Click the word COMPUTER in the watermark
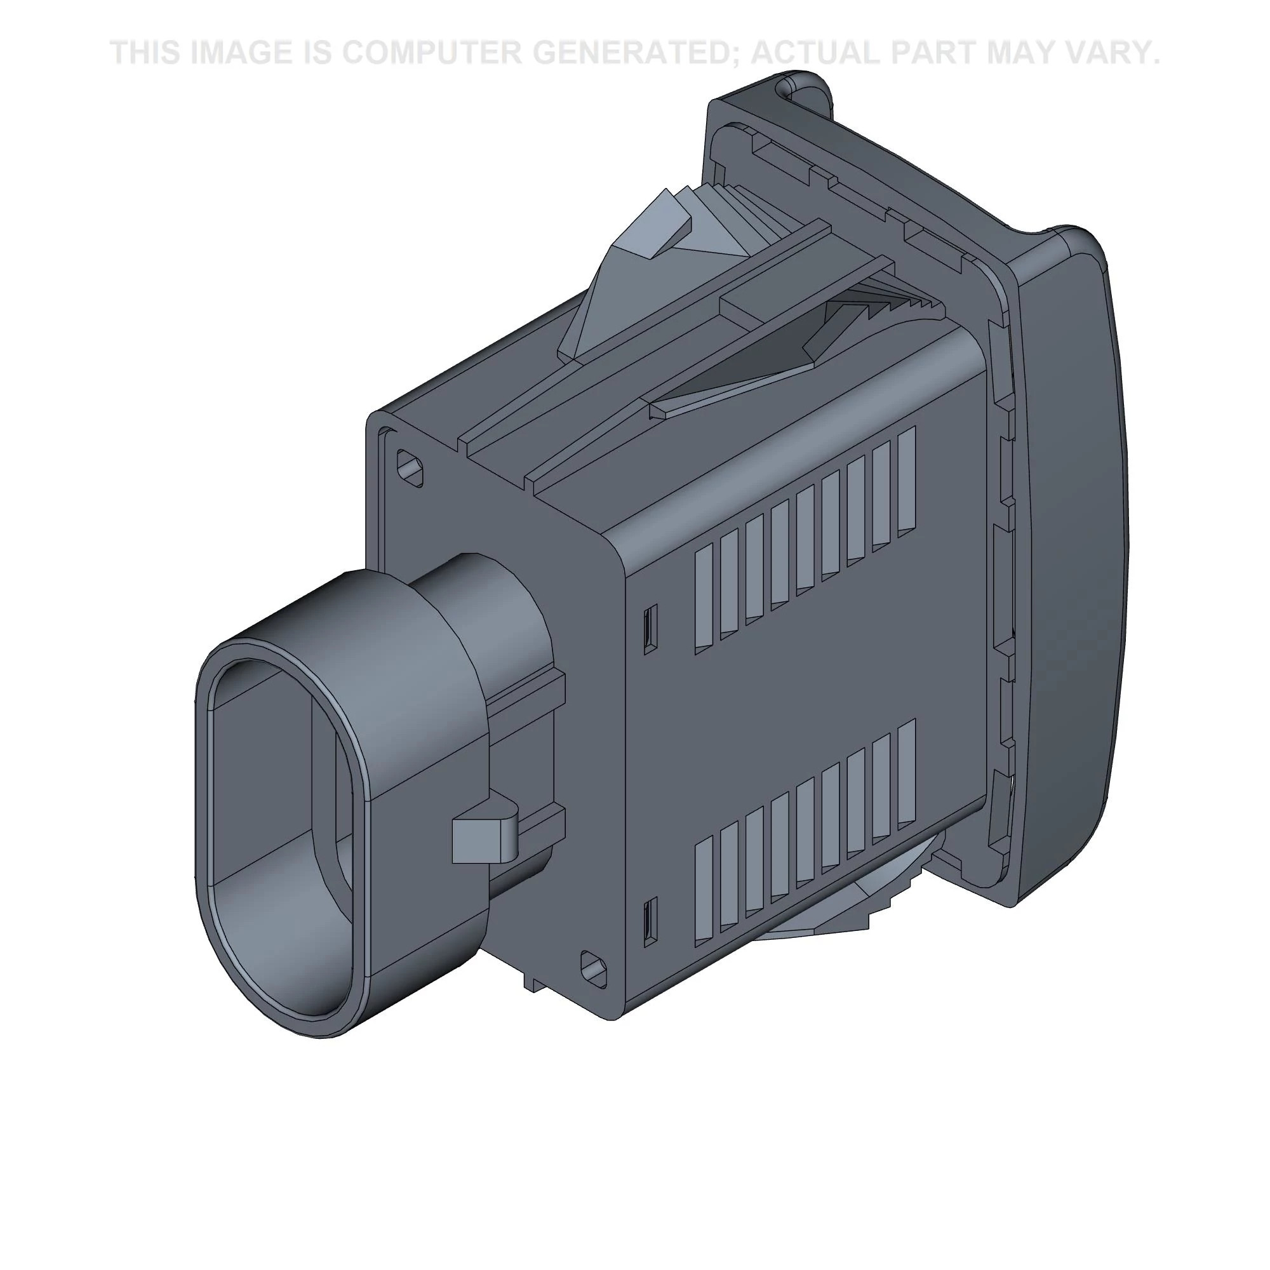[x=432, y=53]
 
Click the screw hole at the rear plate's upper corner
[x=410, y=468]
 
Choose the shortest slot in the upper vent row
[x=704, y=599]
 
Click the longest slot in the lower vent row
[x=907, y=772]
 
